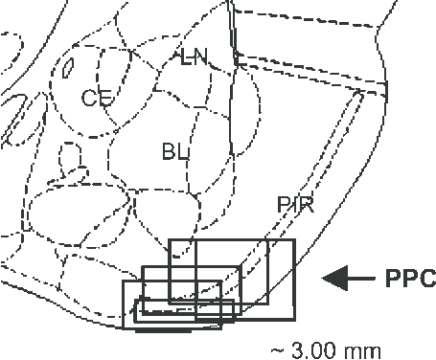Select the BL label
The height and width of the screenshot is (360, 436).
(x=174, y=150)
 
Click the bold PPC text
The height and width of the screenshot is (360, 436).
(x=409, y=279)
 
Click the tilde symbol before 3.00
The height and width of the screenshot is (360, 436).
(x=277, y=349)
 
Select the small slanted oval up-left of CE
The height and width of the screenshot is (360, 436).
(x=68, y=68)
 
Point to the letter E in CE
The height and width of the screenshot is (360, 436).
(x=102, y=97)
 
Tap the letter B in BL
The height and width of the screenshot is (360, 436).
(x=169, y=150)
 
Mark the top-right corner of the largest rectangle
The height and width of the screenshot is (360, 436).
(x=296, y=239)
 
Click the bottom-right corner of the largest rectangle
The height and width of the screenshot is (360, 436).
(x=296, y=304)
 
